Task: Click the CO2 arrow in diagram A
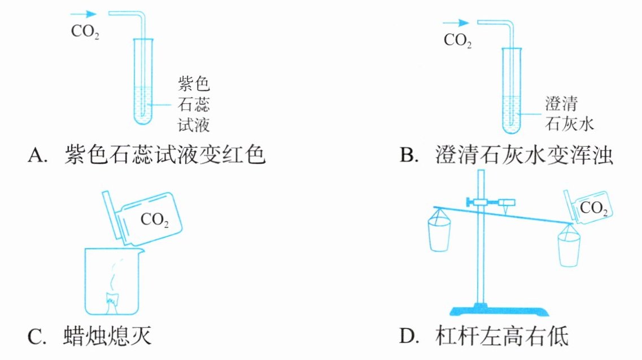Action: point(83,14)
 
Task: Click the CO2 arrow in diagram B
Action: point(456,23)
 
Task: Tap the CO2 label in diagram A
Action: point(85,32)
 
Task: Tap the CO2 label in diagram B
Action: point(458,41)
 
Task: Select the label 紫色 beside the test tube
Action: point(194,84)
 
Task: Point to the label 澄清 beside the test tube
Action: point(561,103)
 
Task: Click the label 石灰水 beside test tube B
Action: point(569,124)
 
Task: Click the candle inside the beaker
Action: point(112,303)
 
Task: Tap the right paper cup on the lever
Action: point(569,245)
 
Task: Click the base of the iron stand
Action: point(499,310)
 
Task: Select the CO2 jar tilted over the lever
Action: point(588,208)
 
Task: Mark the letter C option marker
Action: point(37,337)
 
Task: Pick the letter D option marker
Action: point(409,336)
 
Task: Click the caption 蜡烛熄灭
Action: point(108,336)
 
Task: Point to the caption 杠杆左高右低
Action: point(502,336)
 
